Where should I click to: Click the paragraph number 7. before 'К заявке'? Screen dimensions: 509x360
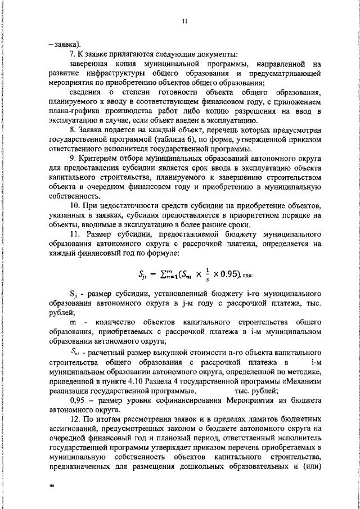tap(73, 55)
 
